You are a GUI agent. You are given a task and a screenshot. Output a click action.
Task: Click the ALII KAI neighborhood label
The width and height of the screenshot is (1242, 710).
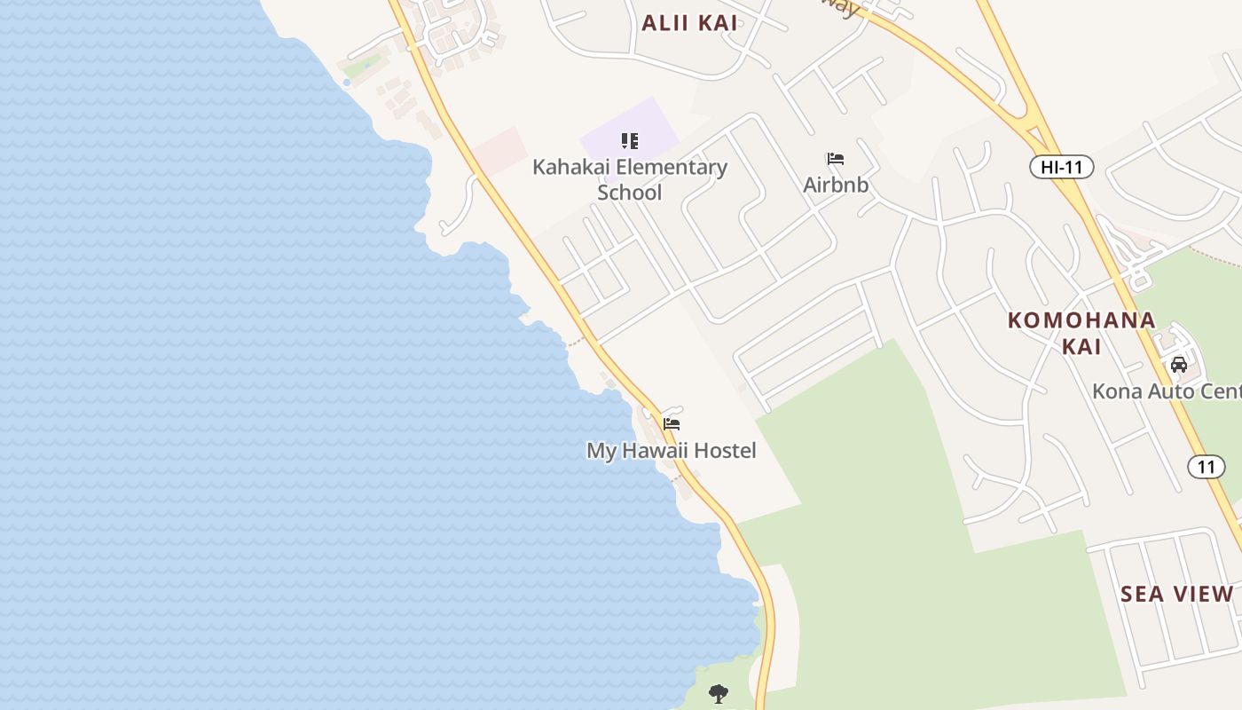(x=689, y=23)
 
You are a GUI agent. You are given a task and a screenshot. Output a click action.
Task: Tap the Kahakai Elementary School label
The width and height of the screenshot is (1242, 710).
(x=629, y=178)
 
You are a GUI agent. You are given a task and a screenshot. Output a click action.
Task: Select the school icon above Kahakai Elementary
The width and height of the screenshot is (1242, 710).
(x=630, y=140)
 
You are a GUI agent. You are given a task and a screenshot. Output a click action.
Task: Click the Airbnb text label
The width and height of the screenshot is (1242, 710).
(x=835, y=185)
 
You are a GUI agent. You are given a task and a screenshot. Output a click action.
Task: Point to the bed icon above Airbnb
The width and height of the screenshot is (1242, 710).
(x=835, y=160)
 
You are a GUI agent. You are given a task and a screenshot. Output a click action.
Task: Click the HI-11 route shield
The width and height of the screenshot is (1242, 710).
(x=1061, y=166)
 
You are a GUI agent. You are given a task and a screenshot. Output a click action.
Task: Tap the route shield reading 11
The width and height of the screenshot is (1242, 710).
(x=1206, y=467)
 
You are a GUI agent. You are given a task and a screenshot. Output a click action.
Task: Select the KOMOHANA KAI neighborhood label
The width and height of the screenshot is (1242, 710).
(x=1081, y=333)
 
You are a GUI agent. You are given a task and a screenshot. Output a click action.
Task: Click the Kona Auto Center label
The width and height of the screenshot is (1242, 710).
(x=1166, y=390)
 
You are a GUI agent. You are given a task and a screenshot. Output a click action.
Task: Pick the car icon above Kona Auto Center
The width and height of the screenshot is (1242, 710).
(x=1179, y=364)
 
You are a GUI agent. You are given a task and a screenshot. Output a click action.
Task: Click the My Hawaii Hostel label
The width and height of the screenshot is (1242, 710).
(x=671, y=451)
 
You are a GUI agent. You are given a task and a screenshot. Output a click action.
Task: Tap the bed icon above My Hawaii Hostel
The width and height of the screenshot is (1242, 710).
(x=672, y=424)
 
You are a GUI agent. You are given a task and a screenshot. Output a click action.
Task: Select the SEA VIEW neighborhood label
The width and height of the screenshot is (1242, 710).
(x=1176, y=594)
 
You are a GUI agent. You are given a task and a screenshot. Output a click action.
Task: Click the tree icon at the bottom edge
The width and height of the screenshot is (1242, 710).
(x=719, y=693)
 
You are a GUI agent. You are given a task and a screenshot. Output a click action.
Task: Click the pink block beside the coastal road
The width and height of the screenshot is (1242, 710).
(x=499, y=150)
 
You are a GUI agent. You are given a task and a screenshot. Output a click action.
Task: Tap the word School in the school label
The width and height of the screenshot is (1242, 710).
(x=629, y=193)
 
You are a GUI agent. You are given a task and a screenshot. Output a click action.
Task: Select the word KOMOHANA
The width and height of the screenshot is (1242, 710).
(x=1081, y=320)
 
